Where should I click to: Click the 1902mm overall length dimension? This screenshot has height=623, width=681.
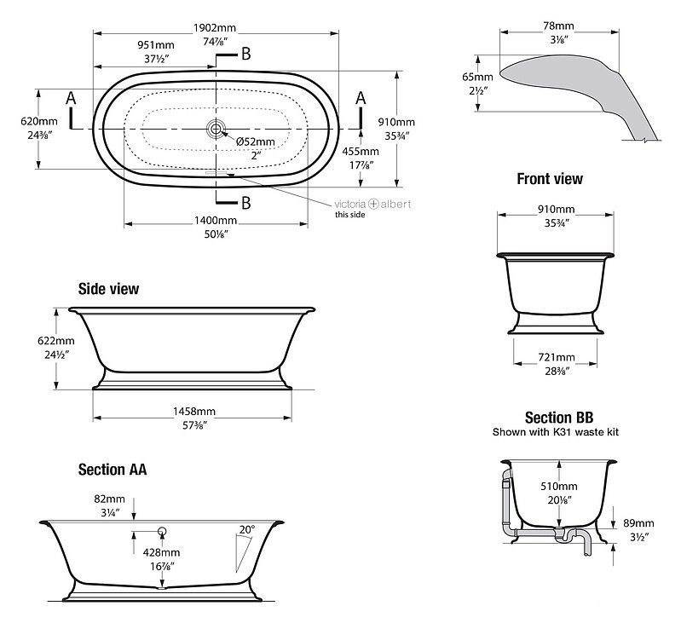click(215, 28)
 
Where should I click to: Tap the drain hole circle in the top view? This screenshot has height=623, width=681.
click(216, 129)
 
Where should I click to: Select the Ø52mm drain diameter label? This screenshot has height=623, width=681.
click(256, 141)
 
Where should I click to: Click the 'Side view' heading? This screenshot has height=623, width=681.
click(108, 289)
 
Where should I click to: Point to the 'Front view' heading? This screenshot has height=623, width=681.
click(550, 178)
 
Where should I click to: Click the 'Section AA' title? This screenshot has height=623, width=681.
click(113, 470)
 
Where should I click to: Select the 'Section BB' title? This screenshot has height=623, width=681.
click(559, 418)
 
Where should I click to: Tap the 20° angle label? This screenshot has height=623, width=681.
click(247, 529)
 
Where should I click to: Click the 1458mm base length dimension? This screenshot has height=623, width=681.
click(194, 411)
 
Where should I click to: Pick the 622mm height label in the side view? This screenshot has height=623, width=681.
click(56, 341)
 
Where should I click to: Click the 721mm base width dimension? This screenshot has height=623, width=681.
click(557, 357)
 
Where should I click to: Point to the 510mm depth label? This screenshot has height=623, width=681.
click(559, 487)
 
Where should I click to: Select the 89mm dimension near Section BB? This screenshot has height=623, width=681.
click(638, 523)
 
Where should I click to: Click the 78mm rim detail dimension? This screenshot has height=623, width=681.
click(558, 26)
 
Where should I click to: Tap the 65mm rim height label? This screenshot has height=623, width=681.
click(478, 77)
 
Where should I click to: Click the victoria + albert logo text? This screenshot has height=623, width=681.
click(372, 204)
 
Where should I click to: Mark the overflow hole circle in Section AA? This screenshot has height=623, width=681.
click(163, 530)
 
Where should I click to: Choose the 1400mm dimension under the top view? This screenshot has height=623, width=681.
click(216, 221)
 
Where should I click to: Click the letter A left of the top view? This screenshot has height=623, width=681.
click(71, 98)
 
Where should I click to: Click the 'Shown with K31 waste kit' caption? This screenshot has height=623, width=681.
click(556, 432)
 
